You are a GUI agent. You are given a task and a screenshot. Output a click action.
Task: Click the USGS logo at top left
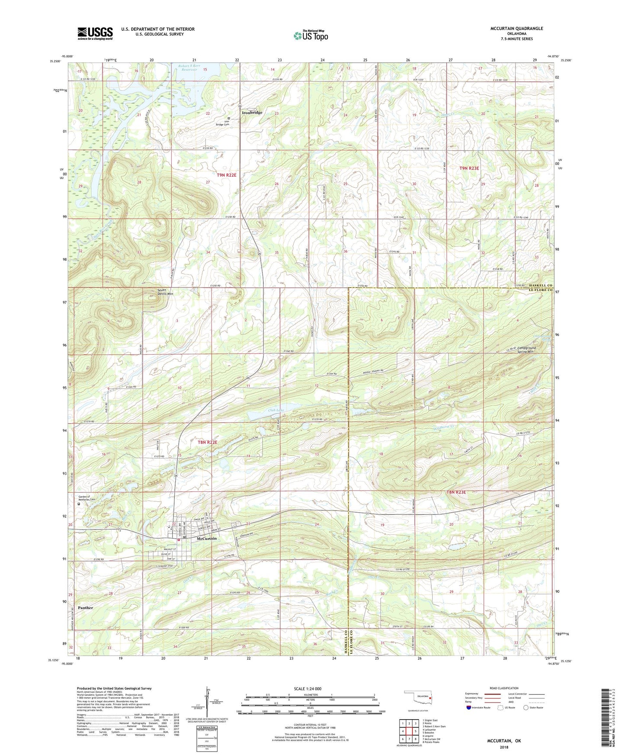tap(95, 33)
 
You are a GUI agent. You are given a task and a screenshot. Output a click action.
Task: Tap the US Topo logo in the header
tap(310, 36)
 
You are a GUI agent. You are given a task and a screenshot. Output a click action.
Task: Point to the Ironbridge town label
tap(252, 113)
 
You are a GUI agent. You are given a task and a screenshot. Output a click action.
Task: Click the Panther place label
tap(85, 607)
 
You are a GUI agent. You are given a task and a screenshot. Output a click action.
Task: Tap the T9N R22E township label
tap(227, 175)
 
